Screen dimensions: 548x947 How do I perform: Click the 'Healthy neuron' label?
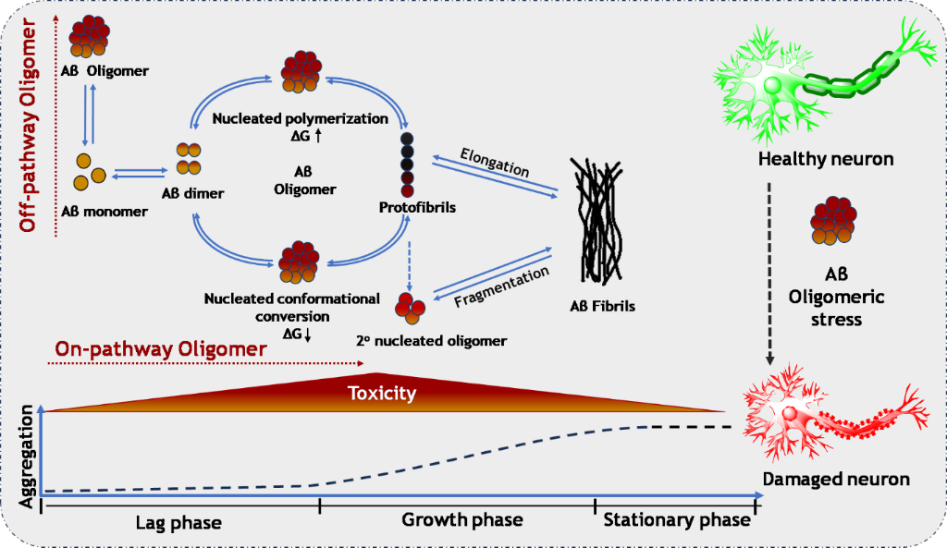point(826,159)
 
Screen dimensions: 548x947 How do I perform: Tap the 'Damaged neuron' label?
point(836,479)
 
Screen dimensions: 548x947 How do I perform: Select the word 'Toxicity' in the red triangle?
point(382,394)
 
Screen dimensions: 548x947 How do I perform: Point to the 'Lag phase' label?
point(180,522)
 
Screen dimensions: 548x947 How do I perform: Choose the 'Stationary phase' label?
point(677,519)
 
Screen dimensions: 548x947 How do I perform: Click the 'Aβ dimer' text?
point(192,192)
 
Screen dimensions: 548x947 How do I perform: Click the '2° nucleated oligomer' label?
point(431,340)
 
